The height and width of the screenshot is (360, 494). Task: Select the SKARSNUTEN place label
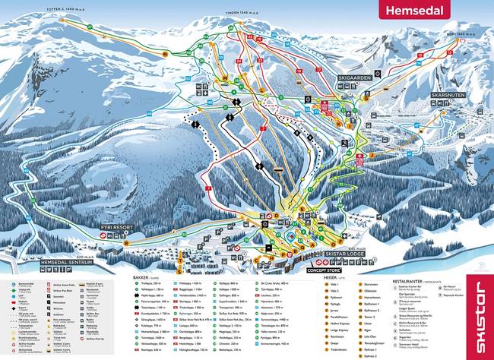(448, 95)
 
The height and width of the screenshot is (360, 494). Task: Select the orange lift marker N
(164, 54)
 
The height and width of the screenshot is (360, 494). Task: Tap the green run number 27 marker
(90, 27)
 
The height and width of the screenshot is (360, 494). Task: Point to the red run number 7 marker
(207, 186)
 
